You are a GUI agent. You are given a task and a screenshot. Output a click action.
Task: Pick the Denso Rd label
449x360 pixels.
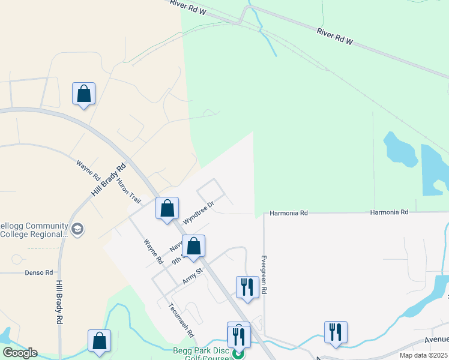[x=39, y=272]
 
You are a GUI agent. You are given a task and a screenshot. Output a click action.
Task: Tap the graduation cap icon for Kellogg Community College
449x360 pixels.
[x=77, y=229]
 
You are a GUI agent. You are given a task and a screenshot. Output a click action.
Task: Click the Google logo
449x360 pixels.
[x=20, y=353]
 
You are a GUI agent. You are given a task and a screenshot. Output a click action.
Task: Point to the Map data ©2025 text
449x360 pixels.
[x=424, y=355]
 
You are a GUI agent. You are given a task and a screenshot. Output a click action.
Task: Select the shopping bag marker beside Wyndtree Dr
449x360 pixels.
[x=167, y=209]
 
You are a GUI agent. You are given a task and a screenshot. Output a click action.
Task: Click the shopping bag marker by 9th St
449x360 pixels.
[x=194, y=246]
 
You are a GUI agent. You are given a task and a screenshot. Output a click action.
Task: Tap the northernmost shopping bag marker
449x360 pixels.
[x=83, y=94]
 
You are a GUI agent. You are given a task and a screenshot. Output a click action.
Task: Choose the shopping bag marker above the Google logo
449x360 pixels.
[x=99, y=340]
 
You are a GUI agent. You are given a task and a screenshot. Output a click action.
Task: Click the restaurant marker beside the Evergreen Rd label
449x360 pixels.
[x=247, y=287]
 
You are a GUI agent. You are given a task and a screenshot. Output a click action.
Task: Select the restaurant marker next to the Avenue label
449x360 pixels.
[x=336, y=332]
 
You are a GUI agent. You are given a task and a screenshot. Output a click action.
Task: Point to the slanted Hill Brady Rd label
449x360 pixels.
[x=109, y=180]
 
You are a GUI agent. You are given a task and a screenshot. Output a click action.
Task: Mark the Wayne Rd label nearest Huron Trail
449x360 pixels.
[x=88, y=170]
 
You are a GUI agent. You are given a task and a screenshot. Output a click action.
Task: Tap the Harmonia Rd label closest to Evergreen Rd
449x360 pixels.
[x=288, y=213]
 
